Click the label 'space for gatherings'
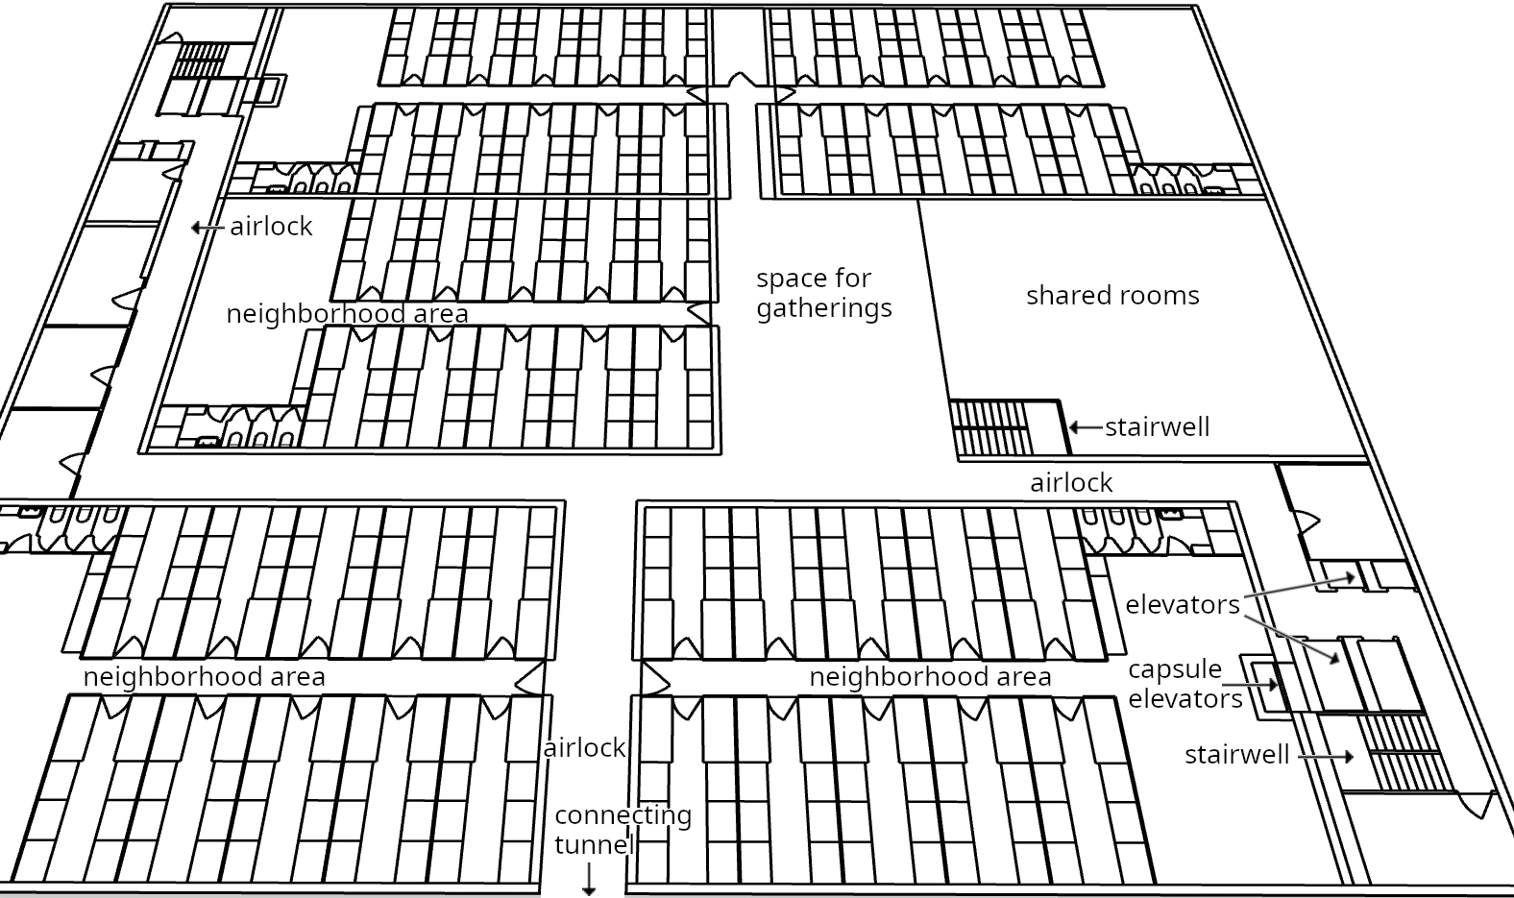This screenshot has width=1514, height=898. pos(824,293)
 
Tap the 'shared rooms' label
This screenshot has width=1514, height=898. pos(1112,295)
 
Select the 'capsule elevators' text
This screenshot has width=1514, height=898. pos(1184,684)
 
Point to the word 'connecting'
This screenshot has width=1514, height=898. pos(623,815)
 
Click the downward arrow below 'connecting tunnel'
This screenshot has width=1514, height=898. pos(589,880)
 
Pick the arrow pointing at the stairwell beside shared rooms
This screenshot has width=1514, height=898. pos(1086,427)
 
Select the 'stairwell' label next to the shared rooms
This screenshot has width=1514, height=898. pos(1158,427)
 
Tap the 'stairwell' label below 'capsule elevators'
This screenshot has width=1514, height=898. pos(1237,755)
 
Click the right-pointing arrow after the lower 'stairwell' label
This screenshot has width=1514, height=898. pos(1326,757)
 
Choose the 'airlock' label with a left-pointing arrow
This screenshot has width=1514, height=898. pos(271,227)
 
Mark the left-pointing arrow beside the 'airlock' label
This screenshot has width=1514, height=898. pos(208,228)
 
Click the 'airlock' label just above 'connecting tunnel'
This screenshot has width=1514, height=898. pos(585,748)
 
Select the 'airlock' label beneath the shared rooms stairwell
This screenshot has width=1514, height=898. pos(1071,483)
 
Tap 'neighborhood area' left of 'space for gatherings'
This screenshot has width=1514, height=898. pos(347,313)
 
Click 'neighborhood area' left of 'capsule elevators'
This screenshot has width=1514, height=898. pos(930,676)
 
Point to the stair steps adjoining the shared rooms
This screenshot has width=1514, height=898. pos(991,428)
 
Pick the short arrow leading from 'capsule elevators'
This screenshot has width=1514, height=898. pos(1250,685)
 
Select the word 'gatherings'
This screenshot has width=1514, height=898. pos(824,309)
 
